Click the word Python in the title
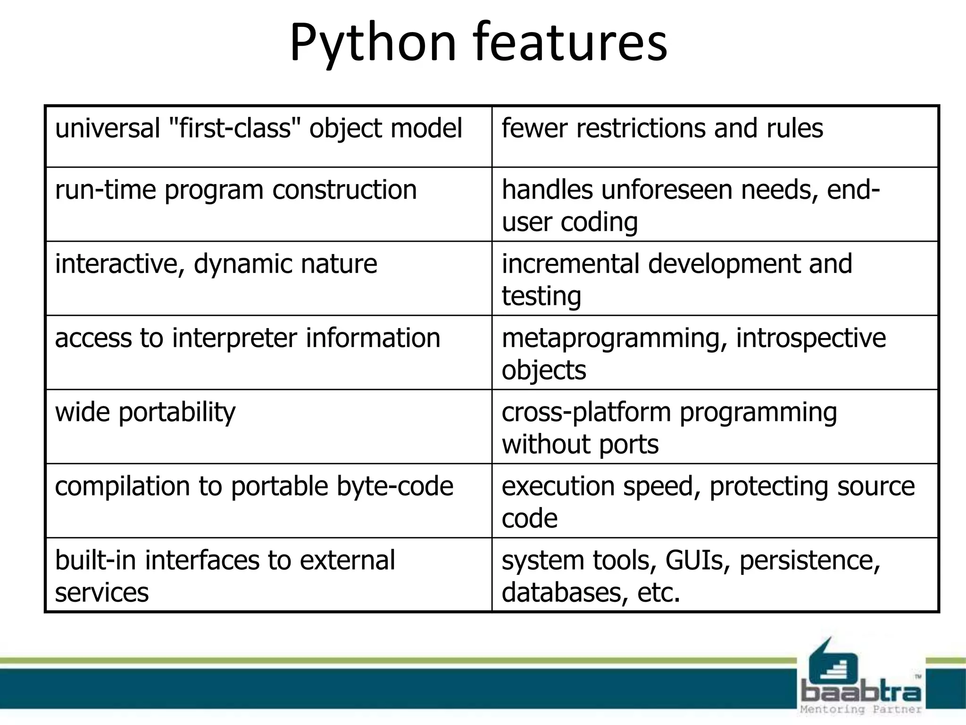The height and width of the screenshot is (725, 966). [x=373, y=43]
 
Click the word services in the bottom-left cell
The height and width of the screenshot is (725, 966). [x=102, y=592]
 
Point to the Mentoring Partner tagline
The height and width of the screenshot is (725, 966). [x=861, y=709]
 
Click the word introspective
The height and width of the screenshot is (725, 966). [x=810, y=338]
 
